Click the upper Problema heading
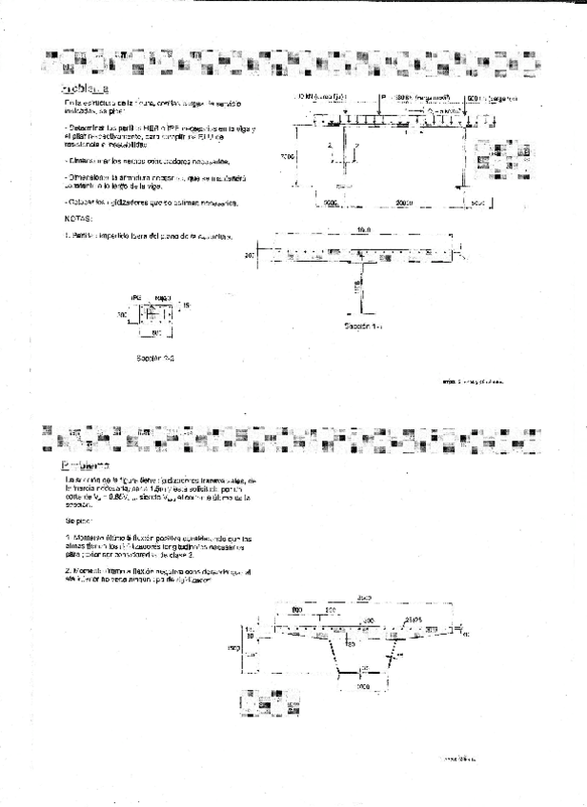85,89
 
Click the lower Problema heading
85,466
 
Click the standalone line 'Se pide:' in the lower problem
79,522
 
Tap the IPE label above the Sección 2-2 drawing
136,297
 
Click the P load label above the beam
383,98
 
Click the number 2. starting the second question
68,569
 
